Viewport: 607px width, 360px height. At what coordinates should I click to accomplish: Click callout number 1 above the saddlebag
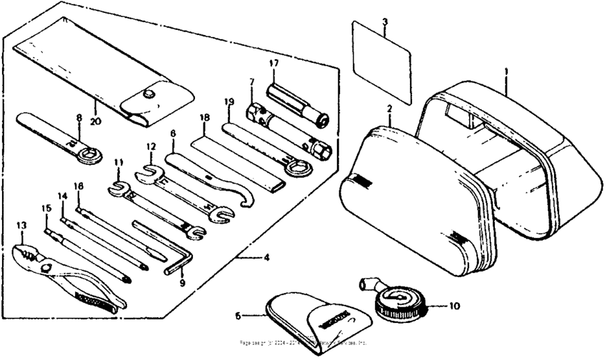(506, 72)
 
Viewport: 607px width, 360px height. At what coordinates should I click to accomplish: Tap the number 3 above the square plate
(384, 23)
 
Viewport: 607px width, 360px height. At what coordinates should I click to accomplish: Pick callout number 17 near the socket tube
(272, 64)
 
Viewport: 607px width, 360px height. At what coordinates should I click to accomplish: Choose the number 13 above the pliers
(21, 226)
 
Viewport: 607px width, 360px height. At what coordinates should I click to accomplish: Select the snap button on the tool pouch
(150, 92)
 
